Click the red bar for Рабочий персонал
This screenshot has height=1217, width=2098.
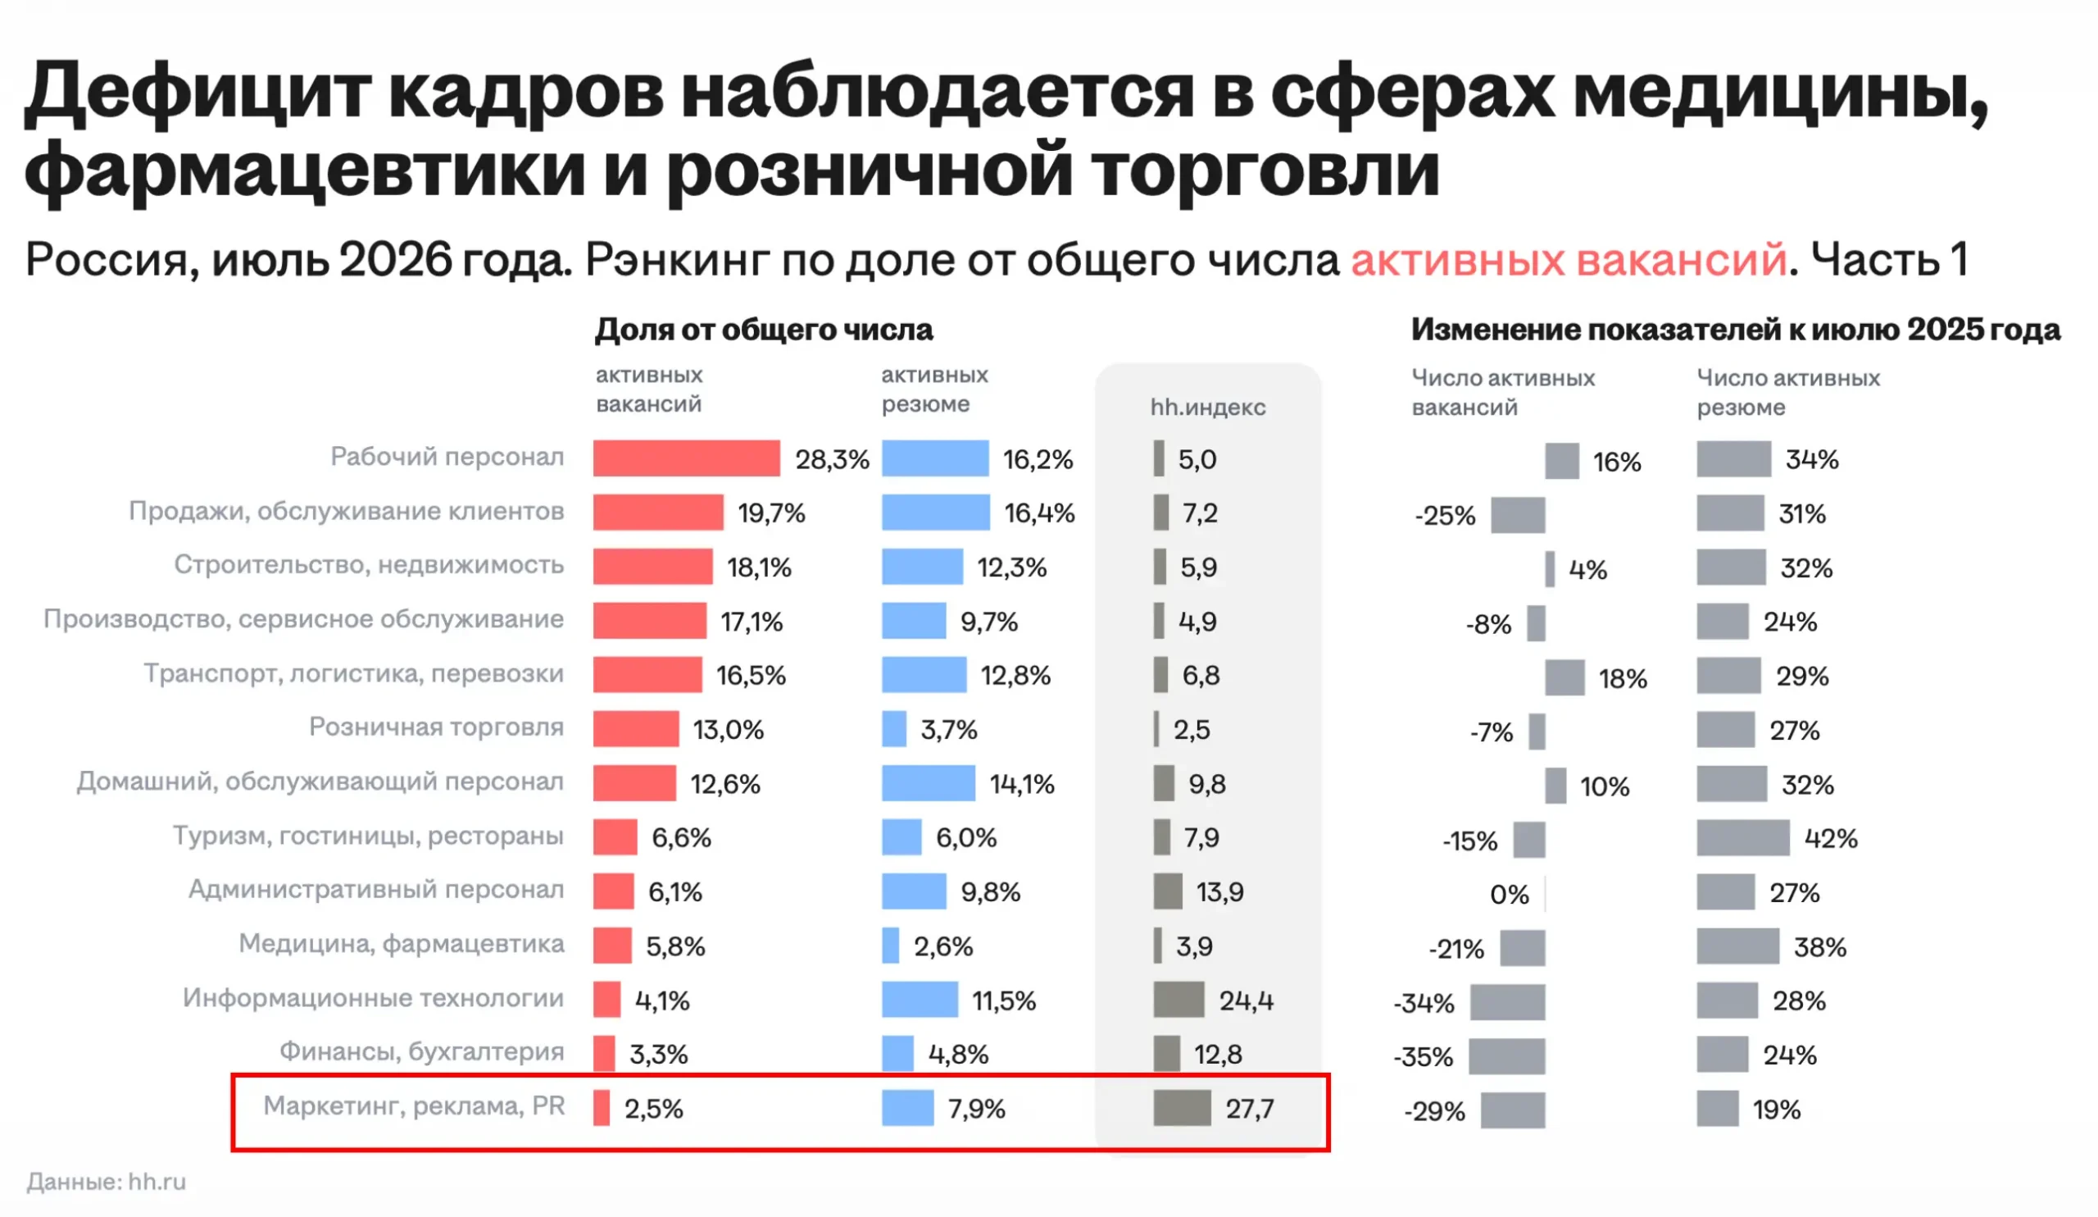[686, 458]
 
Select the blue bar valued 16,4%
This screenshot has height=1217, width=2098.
[936, 513]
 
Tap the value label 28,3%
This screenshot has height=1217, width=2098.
[832, 459]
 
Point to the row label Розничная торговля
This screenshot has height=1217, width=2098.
[436, 727]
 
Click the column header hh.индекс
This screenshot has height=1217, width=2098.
[1208, 407]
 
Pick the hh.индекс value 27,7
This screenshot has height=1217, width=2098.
[1250, 1109]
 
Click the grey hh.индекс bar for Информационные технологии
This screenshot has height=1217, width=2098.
[1178, 1000]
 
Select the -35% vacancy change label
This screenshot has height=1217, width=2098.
[1424, 1057]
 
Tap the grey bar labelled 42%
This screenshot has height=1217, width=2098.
[1743, 838]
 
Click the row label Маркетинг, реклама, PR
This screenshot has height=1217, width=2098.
[415, 1105]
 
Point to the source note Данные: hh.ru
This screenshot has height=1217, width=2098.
[107, 1181]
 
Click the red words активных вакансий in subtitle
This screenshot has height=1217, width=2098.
[1569, 259]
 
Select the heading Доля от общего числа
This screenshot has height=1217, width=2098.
[765, 330]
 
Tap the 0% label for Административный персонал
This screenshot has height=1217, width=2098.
[1510, 895]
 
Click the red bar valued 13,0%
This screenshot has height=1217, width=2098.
[636, 729]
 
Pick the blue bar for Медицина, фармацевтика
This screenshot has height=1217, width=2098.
[891, 946]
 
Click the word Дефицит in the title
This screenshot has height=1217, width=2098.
[198, 92]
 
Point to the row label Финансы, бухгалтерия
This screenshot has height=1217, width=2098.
[422, 1051]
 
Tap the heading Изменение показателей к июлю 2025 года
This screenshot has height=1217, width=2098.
[1736, 330]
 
